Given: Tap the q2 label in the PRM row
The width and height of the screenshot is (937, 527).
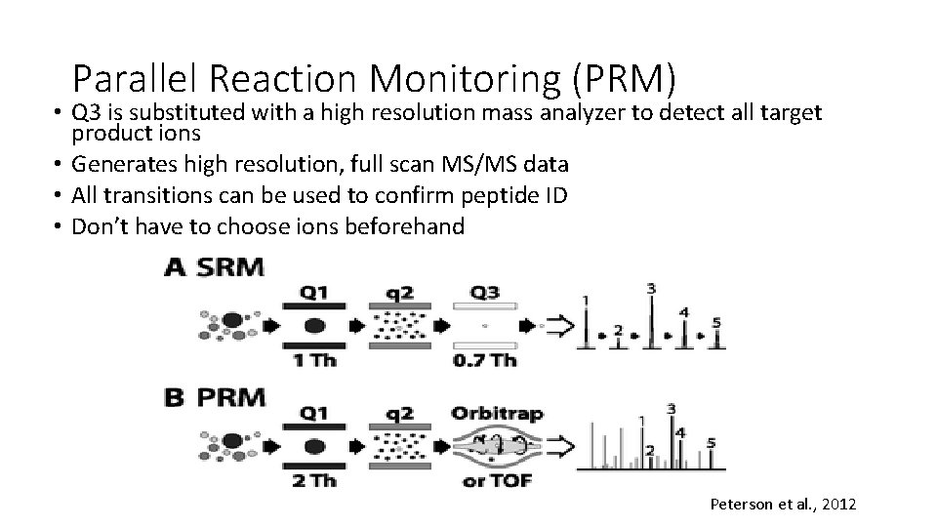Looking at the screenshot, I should click(x=402, y=413).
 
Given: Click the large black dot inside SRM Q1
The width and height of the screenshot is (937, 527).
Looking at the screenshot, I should click(x=315, y=325).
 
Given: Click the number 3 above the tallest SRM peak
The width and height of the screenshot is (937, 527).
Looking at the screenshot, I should click(x=651, y=288).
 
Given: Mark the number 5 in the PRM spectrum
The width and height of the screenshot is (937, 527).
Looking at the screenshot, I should click(x=712, y=442).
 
